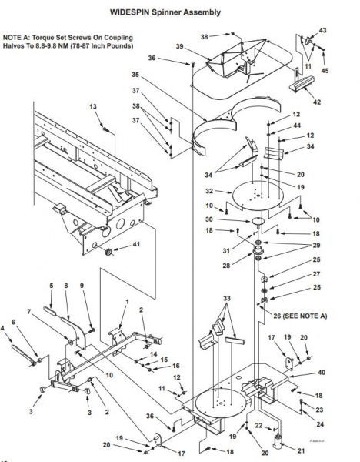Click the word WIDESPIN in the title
[x=135, y=12]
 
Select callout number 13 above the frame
[x=93, y=105]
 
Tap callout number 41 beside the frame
[x=136, y=245]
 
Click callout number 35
[x=156, y=75]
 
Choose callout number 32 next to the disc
[x=208, y=189]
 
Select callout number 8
[x=67, y=285]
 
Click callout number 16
[x=175, y=366]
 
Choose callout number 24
[x=319, y=422]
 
